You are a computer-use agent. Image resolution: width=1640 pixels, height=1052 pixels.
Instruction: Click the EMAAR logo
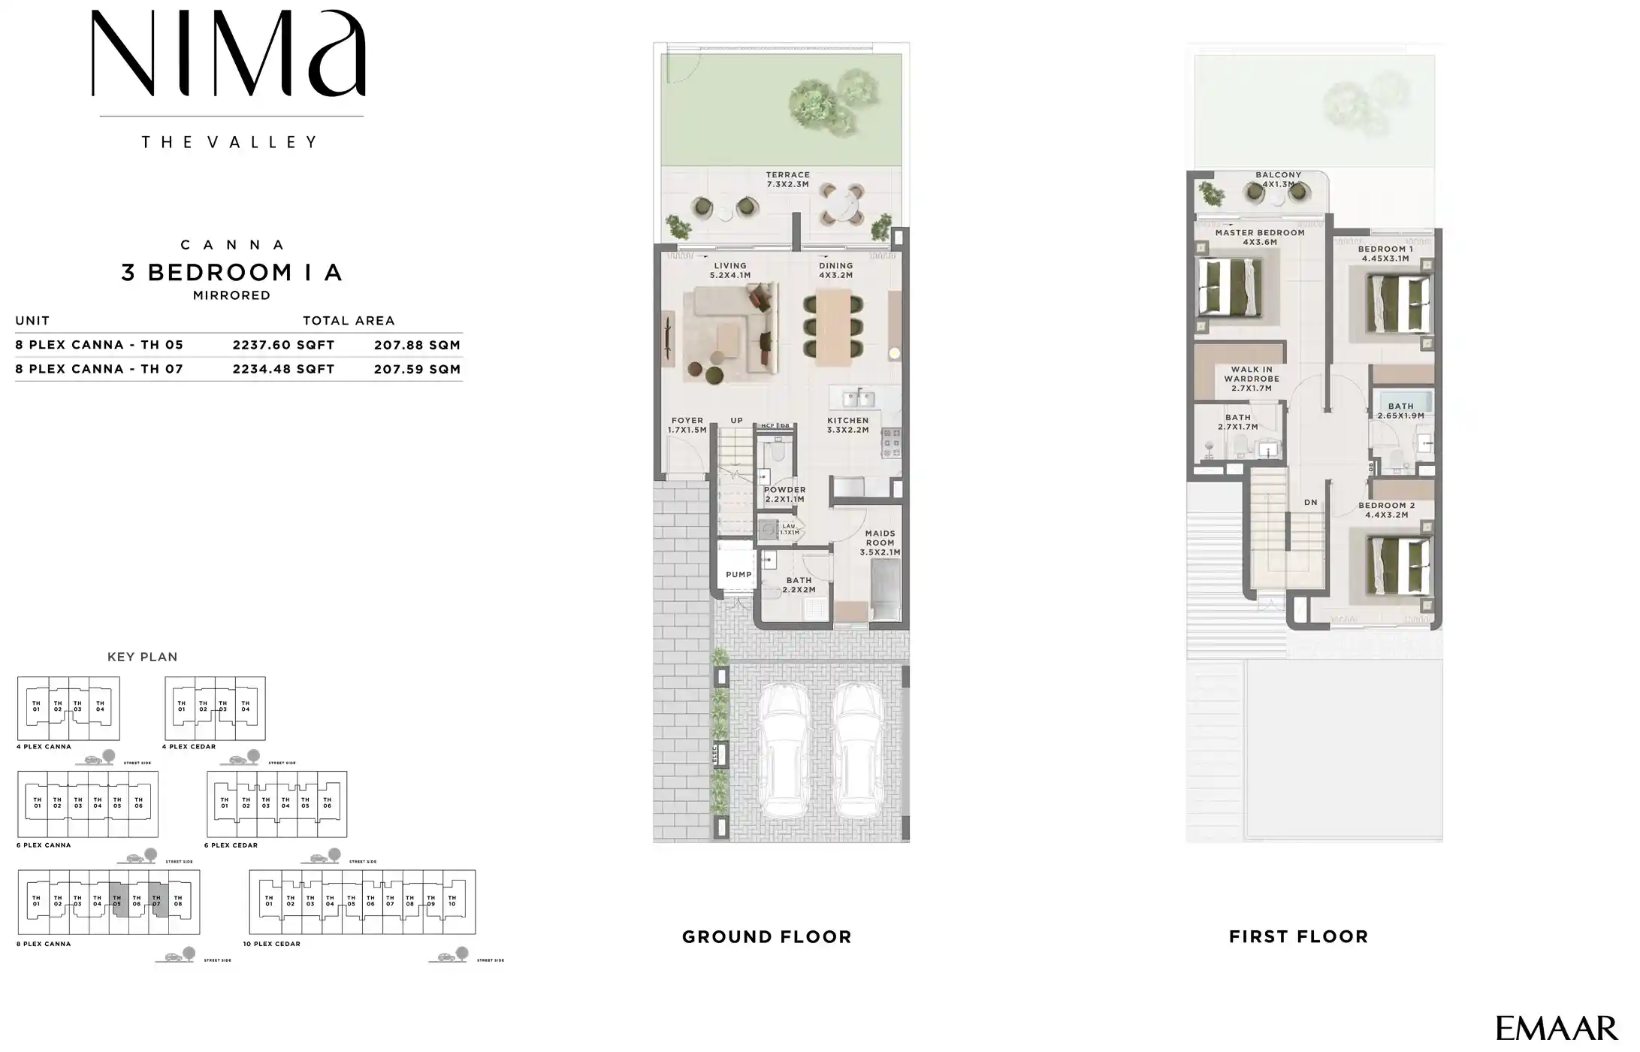1557,1028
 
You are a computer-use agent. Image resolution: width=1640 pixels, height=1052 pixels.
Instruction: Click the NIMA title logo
229,54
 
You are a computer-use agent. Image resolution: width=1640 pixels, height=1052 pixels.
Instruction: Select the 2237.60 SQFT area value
283,345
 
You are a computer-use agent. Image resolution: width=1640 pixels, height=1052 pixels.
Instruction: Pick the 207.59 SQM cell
417,369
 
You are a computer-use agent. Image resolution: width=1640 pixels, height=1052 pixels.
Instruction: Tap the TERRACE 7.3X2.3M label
787,180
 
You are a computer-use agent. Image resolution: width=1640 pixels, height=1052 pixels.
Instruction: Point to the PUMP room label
738,575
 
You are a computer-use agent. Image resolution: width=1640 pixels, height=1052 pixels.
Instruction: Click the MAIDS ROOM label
880,543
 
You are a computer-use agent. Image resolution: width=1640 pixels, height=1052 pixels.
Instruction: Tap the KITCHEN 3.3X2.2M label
847,425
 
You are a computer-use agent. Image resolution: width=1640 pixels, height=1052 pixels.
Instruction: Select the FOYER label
687,425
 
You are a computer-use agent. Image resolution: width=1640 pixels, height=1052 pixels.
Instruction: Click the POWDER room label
784,494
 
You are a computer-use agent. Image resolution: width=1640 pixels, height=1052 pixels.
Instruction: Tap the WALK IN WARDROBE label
1251,379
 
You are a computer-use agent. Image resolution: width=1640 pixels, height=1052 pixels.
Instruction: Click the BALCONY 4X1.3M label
1278,180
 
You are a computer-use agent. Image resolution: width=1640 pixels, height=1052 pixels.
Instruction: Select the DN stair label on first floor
1310,503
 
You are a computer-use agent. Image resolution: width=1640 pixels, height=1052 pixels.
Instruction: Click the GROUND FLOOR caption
766,937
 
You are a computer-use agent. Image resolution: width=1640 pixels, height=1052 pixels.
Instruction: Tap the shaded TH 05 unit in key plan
117,901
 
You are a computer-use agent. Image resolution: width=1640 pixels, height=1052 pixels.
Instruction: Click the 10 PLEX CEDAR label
271,944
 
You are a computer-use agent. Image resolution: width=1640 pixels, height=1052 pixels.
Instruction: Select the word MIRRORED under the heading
231,295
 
